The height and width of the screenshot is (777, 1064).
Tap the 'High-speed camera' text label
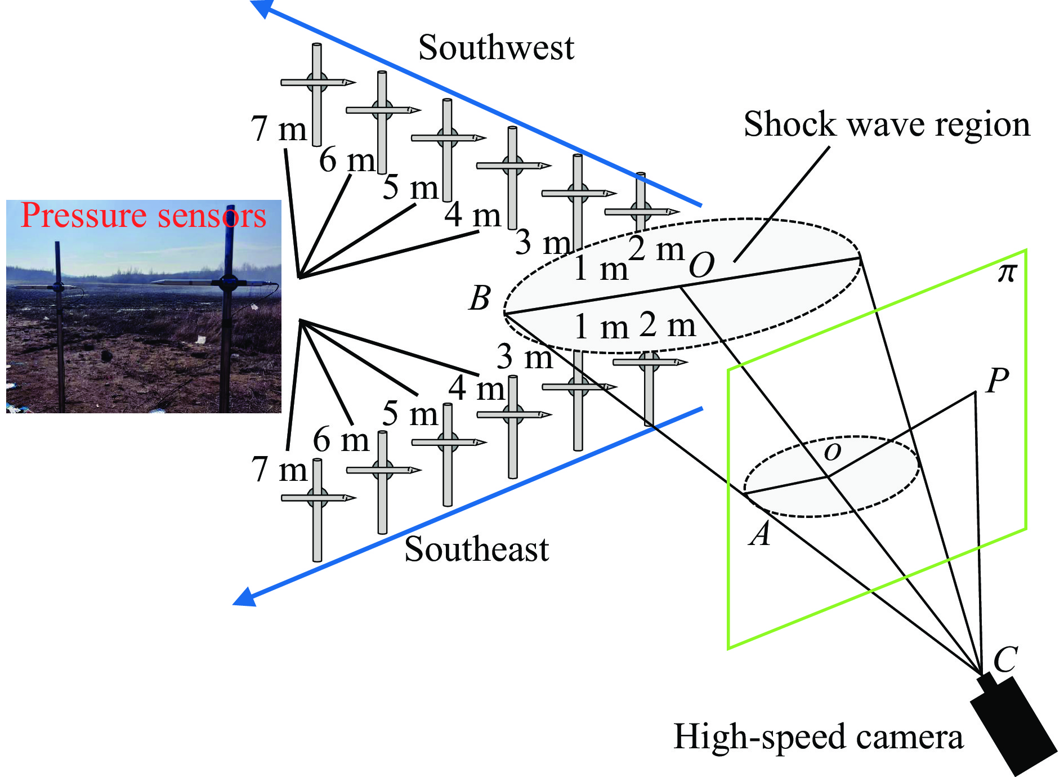click(818, 736)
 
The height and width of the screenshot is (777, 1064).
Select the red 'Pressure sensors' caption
click(143, 216)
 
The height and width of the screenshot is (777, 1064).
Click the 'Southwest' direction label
click(496, 47)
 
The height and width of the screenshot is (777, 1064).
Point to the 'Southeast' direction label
click(476, 549)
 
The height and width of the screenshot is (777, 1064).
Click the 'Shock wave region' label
click(887, 124)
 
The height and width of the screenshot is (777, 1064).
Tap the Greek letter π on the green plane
click(1007, 273)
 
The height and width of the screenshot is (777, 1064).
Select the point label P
click(997, 381)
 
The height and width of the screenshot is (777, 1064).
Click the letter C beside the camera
click(1005, 659)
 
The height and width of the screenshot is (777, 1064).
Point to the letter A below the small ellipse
click(760, 534)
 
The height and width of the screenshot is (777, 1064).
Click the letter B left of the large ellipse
click(480, 298)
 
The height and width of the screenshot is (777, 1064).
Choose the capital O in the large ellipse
click(701, 265)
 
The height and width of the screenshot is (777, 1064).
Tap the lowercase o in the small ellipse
click(832, 451)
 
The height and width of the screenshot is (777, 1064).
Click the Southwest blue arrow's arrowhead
click(260, 7)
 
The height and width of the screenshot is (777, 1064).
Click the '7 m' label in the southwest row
click(279, 129)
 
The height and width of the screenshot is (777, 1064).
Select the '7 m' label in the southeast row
click(279, 469)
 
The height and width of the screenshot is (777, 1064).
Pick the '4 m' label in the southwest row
click(472, 215)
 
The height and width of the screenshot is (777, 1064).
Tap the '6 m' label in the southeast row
click(341, 440)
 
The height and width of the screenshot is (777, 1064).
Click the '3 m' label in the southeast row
click(524, 357)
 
